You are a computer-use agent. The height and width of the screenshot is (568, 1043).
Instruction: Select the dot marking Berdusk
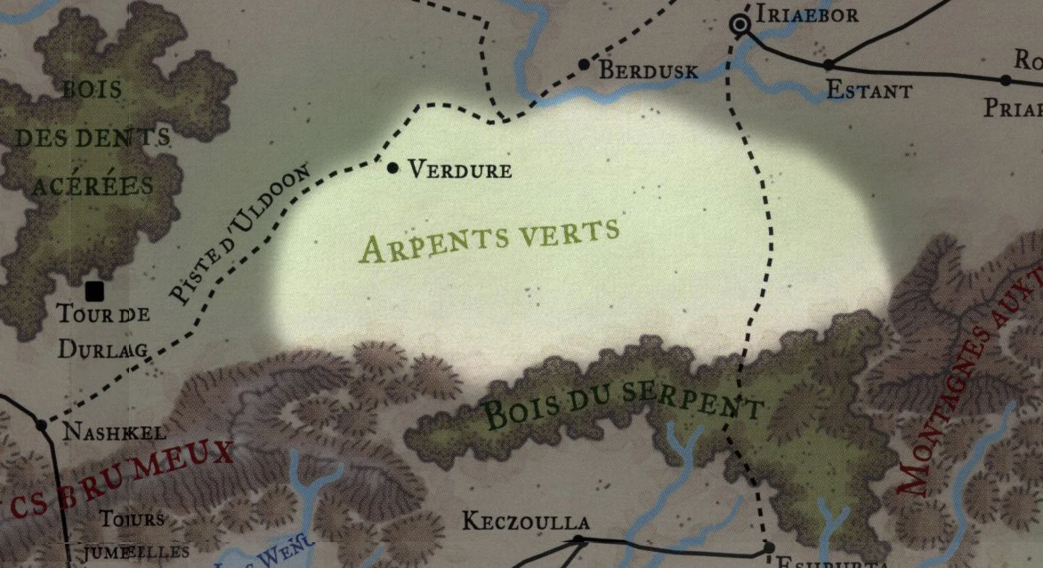coord(584,64)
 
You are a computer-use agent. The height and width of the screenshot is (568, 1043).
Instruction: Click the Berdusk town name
coord(648,71)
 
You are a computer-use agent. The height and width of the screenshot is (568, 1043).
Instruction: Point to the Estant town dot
coord(829,64)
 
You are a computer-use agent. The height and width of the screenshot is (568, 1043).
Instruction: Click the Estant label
coord(869,91)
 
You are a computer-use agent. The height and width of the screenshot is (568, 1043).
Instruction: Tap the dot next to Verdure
coord(392,166)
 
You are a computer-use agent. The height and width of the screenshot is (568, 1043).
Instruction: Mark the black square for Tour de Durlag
coord(93,290)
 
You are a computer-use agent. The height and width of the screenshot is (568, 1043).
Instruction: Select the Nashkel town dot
coord(41,425)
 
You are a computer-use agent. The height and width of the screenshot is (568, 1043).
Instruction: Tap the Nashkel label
coord(115,434)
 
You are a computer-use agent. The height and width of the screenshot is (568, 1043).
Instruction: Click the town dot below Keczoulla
coord(578,540)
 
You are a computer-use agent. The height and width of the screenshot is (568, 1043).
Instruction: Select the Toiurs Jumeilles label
coord(133,534)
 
